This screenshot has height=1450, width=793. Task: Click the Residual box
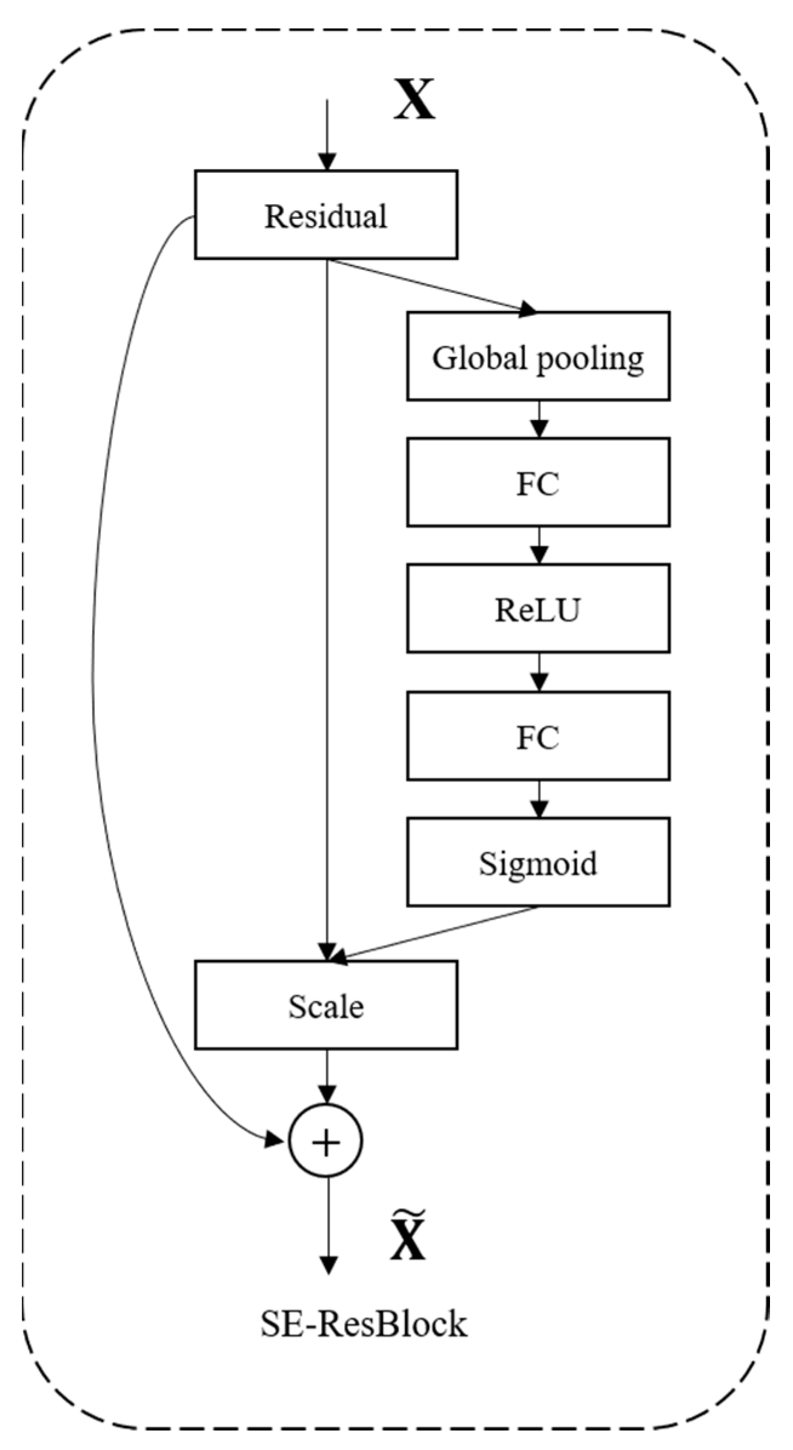point(325,215)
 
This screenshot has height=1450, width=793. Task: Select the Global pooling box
point(537,356)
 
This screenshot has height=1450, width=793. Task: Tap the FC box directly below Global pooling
point(537,483)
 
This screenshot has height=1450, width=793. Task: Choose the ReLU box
point(537,609)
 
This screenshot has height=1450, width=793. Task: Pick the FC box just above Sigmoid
point(537,736)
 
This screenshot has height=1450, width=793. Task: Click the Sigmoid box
point(537,862)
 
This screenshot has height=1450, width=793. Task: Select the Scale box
point(325,1006)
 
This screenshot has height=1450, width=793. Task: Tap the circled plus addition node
point(326,1142)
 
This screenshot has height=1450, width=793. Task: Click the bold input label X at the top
point(414,100)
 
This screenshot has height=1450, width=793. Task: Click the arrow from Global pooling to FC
point(539,420)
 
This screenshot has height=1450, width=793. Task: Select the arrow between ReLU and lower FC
point(539,673)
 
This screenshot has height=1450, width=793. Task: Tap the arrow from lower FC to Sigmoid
point(539,800)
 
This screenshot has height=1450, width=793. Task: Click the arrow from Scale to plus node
point(327,1077)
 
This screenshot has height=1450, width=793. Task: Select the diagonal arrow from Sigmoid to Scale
point(433,934)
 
